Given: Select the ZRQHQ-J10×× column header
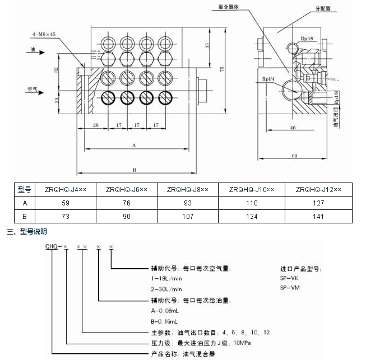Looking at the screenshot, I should click(252, 190).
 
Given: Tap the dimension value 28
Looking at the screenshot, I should click(96, 125).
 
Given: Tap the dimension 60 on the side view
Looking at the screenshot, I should click(295, 156).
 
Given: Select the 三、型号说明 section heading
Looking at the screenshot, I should click(27, 231).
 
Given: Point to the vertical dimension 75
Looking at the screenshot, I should click(223, 69).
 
